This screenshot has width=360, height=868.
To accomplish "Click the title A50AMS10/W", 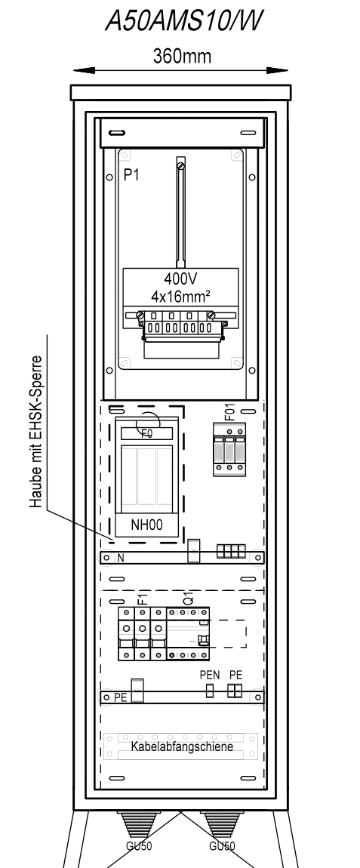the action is coord(183,20).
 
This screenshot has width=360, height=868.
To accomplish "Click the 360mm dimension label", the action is coord(182,56).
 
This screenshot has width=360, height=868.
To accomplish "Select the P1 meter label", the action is coord(131,175).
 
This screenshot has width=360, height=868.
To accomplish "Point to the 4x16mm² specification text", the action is coord(180,296).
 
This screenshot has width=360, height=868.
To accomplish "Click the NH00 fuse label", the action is coord(146,525).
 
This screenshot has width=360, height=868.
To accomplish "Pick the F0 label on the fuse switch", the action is coord(146,434).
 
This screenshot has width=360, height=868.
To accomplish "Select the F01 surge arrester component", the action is coord(229,450).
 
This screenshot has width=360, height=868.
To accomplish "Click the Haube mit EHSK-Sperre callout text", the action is coord(36,432).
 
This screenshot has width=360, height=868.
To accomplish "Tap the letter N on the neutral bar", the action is coord(121,559).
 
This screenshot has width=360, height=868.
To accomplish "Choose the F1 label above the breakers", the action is coord(143,598).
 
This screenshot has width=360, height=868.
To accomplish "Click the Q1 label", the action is coord(189,599).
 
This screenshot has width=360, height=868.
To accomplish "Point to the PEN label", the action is coord(210,676).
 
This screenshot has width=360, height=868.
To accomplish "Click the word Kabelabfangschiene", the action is coord(182,746).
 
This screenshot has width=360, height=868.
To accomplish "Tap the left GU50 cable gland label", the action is coord(138,846).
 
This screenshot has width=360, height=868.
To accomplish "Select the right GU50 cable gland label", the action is coord(222,846).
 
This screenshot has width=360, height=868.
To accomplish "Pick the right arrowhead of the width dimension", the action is coord(277,70).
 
